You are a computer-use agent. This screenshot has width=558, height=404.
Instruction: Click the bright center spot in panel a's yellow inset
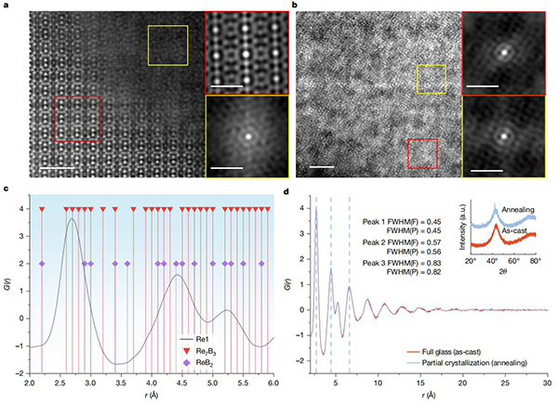pyautogui.click(x=248, y=134)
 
